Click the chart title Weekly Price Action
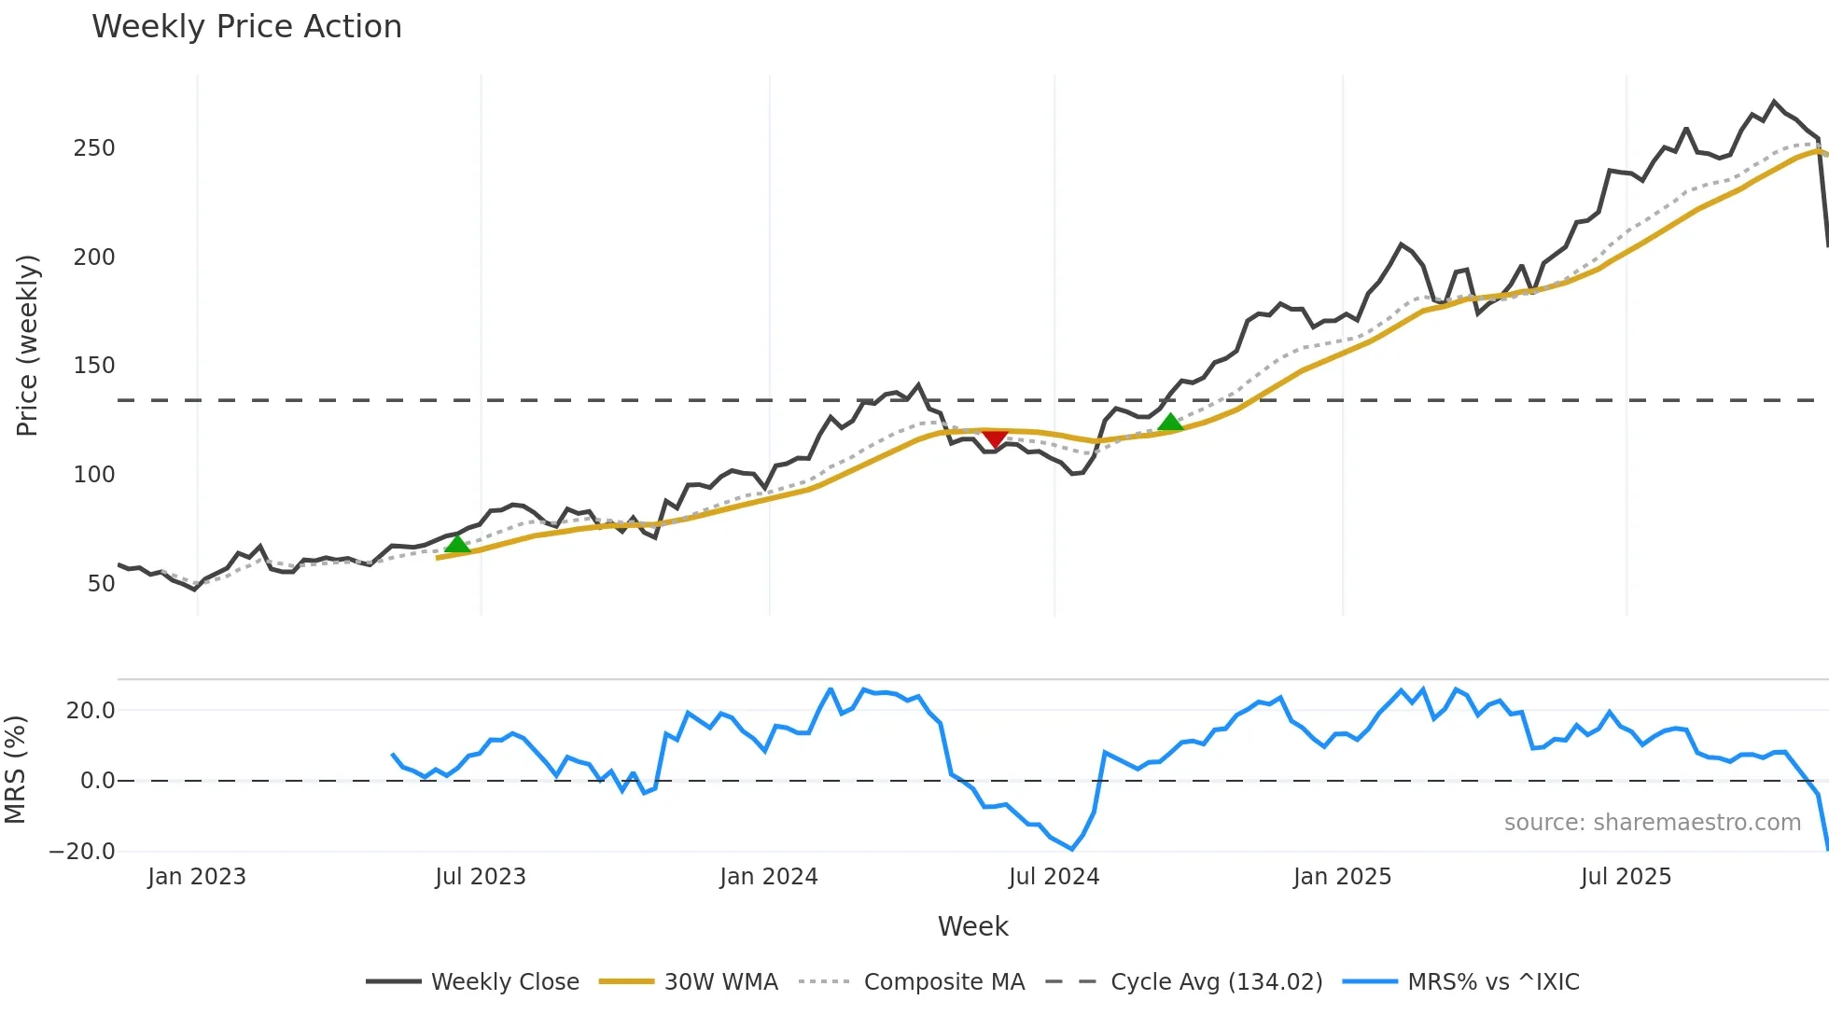pyautogui.click(x=246, y=27)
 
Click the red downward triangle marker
pyautogui.click(x=995, y=438)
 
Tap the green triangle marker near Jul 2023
pyautogui.click(x=457, y=544)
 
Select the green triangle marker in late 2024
pyautogui.click(x=1170, y=423)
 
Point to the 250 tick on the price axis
pyautogui.click(x=94, y=148)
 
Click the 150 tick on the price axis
pyautogui.click(x=94, y=366)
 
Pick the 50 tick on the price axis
pyautogui.click(x=101, y=584)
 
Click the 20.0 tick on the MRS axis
pyautogui.click(x=91, y=711)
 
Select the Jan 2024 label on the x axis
pyautogui.click(x=768, y=877)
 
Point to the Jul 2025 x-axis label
pyautogui.click(x=1626, y=877)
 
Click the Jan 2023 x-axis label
pyautogui.click(x=197, y=877)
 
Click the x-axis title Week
pyautogui.click(x=972, y=926)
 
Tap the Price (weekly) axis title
pyautogui.click(x=27, y=345)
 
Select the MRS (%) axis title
pyautogui.click(x=15, y=770)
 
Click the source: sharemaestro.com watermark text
pyautogui.click(x=1652, y=823)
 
